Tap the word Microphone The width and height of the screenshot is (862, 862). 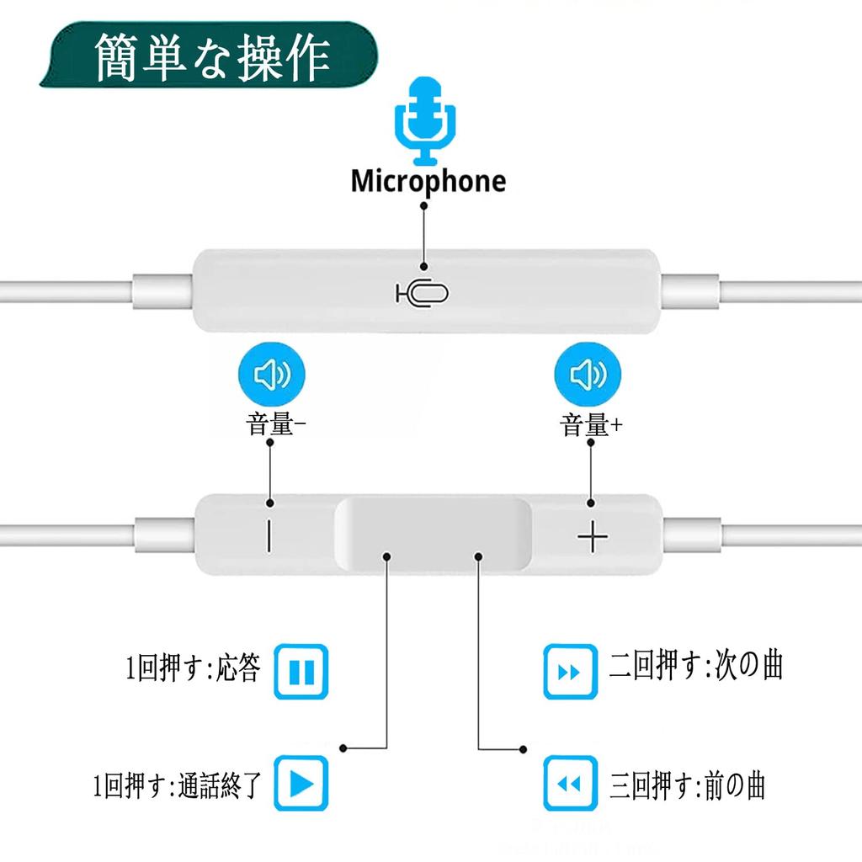point(428,181)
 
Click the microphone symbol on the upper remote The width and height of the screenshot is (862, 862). point(423,293)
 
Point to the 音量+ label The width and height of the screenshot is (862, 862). point(592,425)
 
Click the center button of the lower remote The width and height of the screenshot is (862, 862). point(433,536)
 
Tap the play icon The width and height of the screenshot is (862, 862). point(301,785)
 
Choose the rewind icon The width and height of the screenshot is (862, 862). point(570,785)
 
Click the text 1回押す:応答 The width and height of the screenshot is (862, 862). point(192,671)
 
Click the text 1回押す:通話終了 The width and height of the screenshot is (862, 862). point(178,785)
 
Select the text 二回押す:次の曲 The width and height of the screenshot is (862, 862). point(696,665)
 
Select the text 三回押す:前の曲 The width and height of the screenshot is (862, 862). point(688,785)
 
